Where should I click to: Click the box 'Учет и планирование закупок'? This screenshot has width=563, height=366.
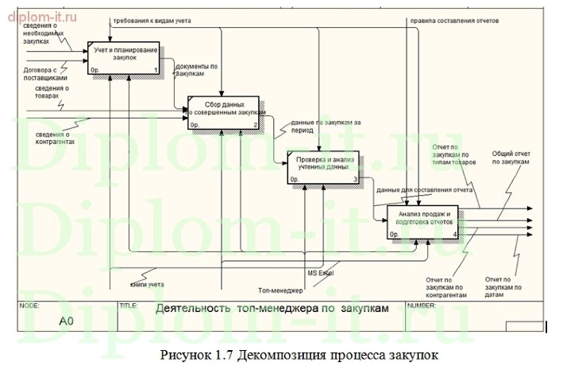point(123,57)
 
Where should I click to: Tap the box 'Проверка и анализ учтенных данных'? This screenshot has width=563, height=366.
point(322,168)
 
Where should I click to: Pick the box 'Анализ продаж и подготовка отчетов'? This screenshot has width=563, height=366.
point(422,222)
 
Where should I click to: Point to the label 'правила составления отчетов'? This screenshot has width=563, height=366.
point(453,21)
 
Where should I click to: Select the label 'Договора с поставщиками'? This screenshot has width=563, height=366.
point(45,74)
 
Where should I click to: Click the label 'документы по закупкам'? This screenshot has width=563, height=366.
point(195,70)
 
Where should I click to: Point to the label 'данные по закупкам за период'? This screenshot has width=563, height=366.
point(325,126)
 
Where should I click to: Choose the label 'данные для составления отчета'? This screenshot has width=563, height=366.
point(425,191)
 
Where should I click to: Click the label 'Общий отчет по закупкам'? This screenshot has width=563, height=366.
point(510,158)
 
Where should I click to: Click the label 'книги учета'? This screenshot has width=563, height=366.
point(148,283)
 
